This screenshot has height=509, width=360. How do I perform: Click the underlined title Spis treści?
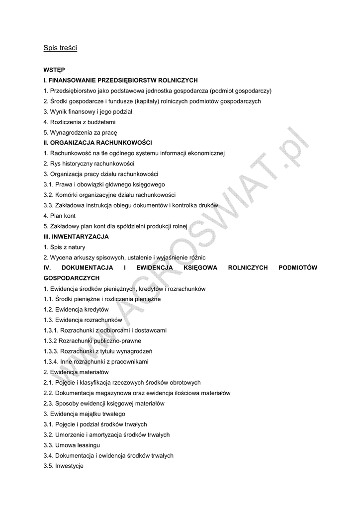pyautogui.click(x=60, y=48)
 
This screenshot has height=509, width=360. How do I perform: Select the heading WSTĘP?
pyautogui.click(x=54, y=70)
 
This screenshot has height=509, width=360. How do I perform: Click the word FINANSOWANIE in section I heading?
pyautogui.click(x=74, y=80)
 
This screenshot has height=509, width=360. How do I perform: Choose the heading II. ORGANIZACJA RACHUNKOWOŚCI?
pyautogui.click(x=97, y=143)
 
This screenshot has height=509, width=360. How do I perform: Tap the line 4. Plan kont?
pyautogui.click(x=60, y=216)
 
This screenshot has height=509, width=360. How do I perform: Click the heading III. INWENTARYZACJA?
pyautogui.click(x=76, y=237)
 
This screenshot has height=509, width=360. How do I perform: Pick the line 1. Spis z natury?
pyautogui.click(x=64, y=247)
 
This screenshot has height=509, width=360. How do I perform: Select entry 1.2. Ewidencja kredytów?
pyautogui.click(x=76, y=310)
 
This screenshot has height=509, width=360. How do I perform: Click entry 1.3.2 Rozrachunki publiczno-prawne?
pyautogui.click(x=92, y=341)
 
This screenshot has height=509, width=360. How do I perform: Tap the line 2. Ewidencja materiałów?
pyautogui.click(x=76, y=372)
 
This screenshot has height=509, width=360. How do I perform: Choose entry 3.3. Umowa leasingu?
pyautogui.click(x=72, y=445)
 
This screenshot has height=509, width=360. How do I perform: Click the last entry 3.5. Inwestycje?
pyautogui.click(x=64, y=466)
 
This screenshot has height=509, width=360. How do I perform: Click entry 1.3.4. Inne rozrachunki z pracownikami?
pyautogui.click(x=96, y=362)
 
